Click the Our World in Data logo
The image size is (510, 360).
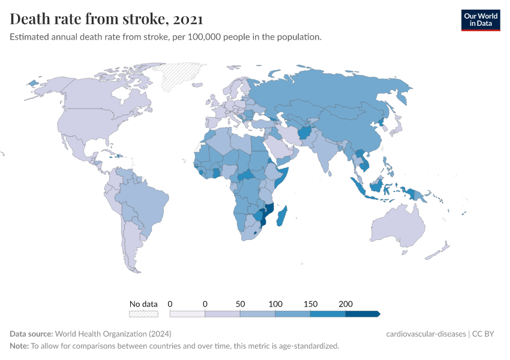[x=480, y=20]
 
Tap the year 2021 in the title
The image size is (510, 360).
[x=187, y=19]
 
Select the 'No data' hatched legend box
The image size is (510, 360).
[x=143, y=313]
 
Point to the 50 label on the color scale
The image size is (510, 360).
[x=240, y=304]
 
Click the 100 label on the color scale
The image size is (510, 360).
[x=275, y=304]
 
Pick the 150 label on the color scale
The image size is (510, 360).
[x=310, y=304]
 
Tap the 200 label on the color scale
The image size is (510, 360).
[x=345, y=304]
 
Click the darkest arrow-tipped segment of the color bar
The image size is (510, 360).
[x=362, y=313]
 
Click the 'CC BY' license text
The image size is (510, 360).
[x=487, y=334]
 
